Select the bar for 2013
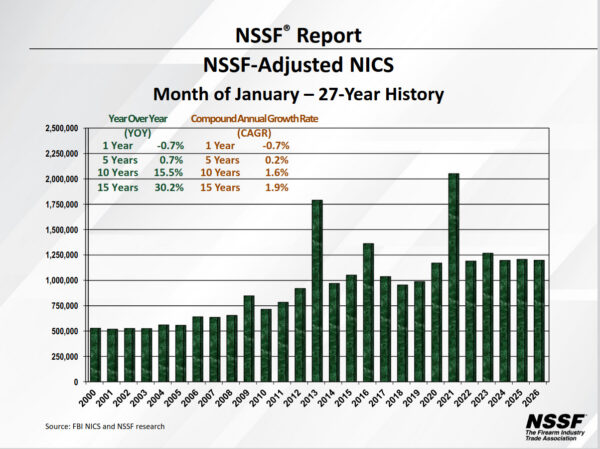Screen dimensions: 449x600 317,291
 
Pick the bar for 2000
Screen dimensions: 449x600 95,354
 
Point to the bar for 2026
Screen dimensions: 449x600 539,320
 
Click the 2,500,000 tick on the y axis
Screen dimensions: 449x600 61,129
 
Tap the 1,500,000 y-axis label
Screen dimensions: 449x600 61,230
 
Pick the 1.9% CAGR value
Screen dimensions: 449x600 275,187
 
